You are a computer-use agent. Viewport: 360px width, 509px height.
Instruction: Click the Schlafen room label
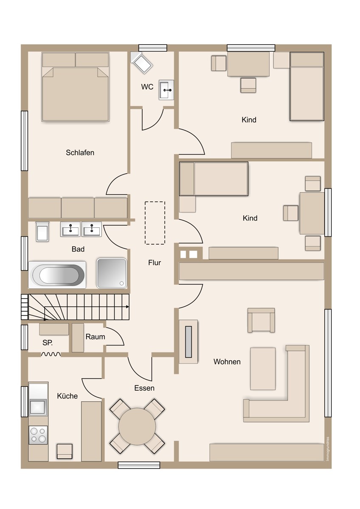tap(80, 152)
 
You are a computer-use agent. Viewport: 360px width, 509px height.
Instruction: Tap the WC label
tap(147, 87)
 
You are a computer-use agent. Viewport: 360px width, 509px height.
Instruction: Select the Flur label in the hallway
tap(155, 263)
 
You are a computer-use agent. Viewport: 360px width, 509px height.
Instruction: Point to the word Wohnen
tap(227, 361)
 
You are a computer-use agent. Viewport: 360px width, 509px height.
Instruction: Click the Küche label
tap(67, 396)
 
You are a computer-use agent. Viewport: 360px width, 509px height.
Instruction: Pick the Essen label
tap(144, 388)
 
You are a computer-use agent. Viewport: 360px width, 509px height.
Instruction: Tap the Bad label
tap(78, 249)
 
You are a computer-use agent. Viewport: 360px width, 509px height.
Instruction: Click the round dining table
tap(137, 426)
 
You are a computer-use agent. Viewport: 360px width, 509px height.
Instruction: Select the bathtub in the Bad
tap(57, 275)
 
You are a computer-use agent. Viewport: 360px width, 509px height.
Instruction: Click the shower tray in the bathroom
tap(112, 273)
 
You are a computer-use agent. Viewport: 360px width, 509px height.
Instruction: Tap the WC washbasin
tap(166, 90)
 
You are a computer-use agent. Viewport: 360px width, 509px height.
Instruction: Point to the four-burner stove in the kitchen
tap(38, 435)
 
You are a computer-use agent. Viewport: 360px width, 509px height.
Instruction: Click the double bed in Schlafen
tap(76, 87)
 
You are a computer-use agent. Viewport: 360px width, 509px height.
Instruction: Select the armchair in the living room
tap(261, 320)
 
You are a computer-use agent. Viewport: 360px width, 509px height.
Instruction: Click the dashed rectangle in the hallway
tap(155, 223)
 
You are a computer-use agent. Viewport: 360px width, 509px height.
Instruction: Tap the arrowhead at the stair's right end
tap(128, 307)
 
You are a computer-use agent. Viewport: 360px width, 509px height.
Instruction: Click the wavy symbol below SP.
tap(51, 354)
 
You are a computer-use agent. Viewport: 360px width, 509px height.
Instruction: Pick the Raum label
tap(95, 336)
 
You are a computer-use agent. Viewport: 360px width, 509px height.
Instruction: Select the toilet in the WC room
tap(141, 62)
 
